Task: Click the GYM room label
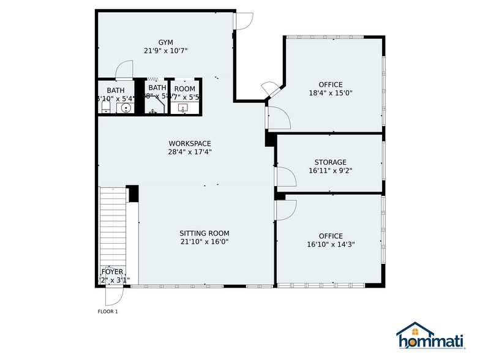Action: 165,42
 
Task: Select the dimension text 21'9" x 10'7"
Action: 165,51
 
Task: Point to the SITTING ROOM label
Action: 204,233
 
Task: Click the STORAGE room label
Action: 331,163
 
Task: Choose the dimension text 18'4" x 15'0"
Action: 331,94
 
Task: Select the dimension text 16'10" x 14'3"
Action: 331,244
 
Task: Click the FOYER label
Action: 112,272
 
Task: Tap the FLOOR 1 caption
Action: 108,312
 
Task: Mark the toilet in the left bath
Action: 105,108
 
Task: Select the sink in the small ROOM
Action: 183,108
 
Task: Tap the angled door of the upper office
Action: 269,89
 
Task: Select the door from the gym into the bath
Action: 125,70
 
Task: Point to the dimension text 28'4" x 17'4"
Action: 190,152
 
